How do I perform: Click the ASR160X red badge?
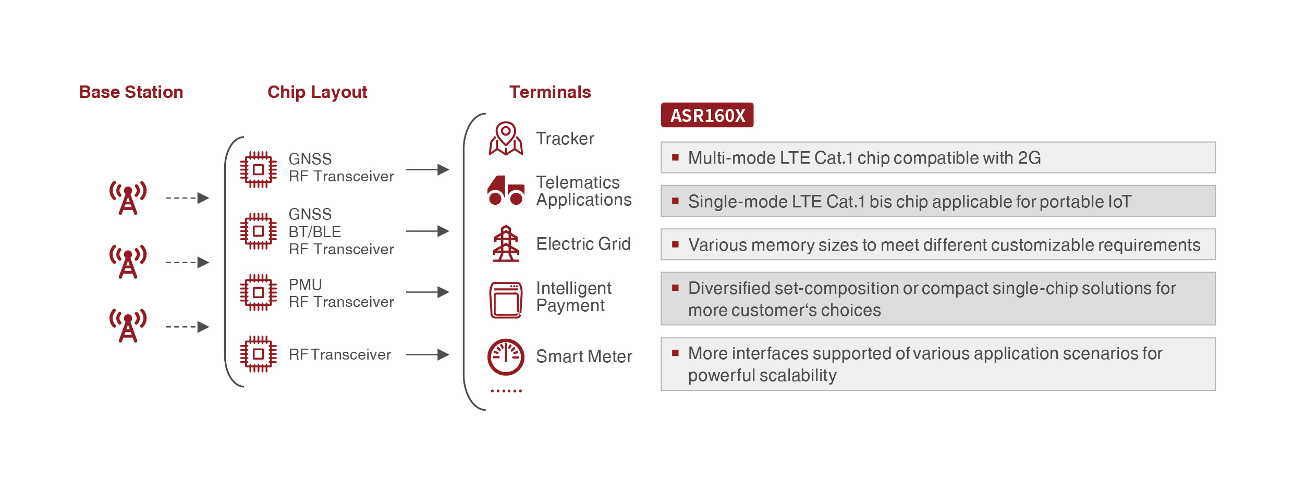(x=707, y=115)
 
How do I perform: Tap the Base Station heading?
(x=131, y=92)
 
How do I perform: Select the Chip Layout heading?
(x=317, y=92)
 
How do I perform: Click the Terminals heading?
(x=550, y=92)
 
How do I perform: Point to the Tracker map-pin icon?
(x=505, y=139)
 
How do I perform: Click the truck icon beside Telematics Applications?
(x=505, y=190)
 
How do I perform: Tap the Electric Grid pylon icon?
(x=505, y=243)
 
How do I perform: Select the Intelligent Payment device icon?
(x=505, y=300)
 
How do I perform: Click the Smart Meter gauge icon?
(x=505, y=357)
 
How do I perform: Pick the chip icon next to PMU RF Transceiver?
(x=258, y=292)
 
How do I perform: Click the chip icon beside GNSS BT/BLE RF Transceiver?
(x=258, y=231)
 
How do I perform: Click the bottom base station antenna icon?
(x=128, y=326)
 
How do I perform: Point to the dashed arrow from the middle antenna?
(x=187, y=262)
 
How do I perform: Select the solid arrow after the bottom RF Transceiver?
(x=428, y=354)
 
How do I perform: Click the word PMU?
(x=306, y=285)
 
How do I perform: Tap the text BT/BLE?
(x=315, y=232)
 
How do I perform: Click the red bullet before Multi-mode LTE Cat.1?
(x=675, y=157)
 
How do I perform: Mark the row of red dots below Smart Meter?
(x=506, y=391)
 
